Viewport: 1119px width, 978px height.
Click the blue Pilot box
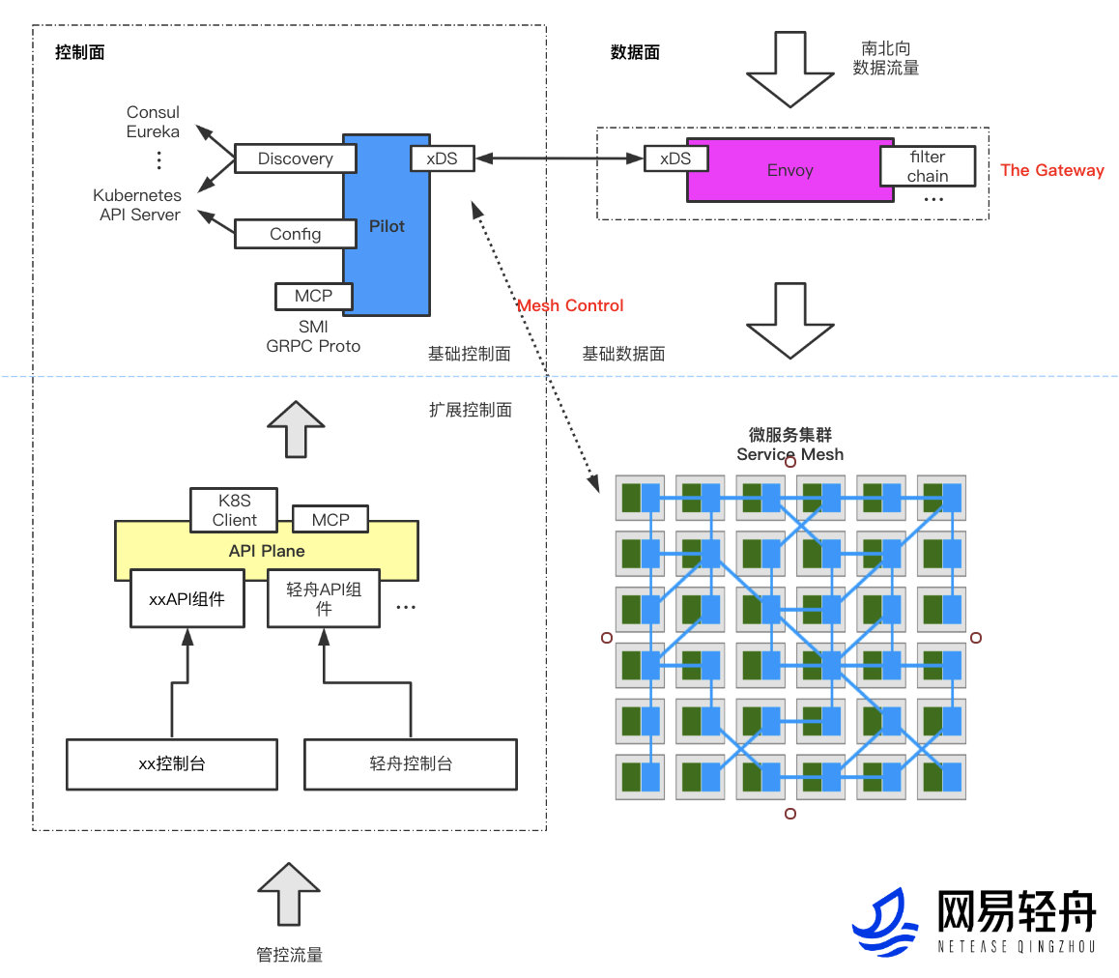click(x=387, y=251)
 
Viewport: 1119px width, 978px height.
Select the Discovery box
click(x=295, y=158)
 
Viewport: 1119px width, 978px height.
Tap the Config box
click(x=295, y=234)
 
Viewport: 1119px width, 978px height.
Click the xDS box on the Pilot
click(x=443, y=158)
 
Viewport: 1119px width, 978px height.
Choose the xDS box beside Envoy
click(x=675, y=158)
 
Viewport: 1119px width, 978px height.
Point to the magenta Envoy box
click(x=789, y=170)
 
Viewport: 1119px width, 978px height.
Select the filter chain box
click(x=928, y=166)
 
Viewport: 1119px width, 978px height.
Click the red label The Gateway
click(x=1051, y=170)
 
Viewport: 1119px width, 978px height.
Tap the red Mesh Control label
click(x=570, y=305)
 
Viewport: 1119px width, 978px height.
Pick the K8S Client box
click(x=234, y=509)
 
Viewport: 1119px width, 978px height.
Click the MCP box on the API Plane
click(x=330, y=519)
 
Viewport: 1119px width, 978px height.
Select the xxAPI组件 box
click(x=186, y=599)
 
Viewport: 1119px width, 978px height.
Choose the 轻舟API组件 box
click(x=324, y=599)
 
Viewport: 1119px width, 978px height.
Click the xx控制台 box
click(x=172, y=763)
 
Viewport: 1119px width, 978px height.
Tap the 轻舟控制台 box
click(x=411, y=763)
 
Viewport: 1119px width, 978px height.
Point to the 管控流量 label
click(x=289, y=955)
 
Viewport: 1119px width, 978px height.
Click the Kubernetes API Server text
click(x=140, y=205)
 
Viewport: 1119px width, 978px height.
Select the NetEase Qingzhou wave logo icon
click(x=884, y=923)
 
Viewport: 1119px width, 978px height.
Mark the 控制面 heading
click(x=79, y=52)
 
